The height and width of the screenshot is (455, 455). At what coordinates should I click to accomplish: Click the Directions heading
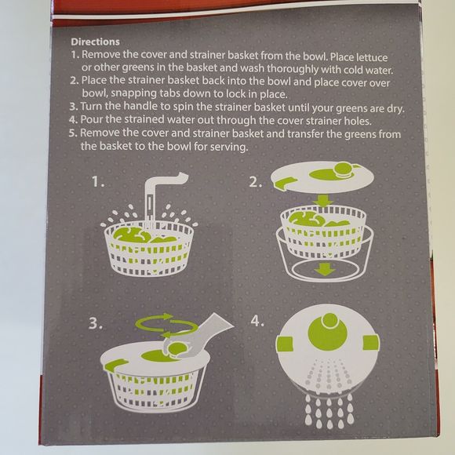[x=95, y=41]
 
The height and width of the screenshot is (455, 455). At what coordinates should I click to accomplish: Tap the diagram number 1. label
[x=98, y=181]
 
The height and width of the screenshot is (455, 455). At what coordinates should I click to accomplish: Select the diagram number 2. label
[x=256, y=181]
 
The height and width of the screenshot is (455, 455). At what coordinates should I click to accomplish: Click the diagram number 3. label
[x=96, y=322]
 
